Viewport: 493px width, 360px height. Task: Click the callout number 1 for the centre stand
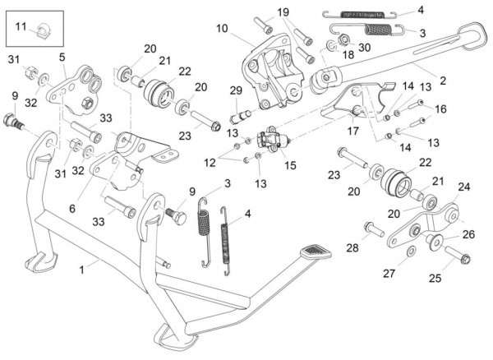pyautogui.click(x=81, y=269)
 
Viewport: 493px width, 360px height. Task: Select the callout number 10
pyautogui.click(x=221, y=29)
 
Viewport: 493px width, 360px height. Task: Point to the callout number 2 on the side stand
pyautogui.click(x=443, y=81)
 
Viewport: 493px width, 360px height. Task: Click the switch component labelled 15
pyautogui.click(x=272, y=141)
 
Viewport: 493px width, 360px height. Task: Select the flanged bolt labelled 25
pyautogui.click(x=461, y=261)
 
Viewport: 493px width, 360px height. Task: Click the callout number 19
pyautogui.click(x=283, y=12)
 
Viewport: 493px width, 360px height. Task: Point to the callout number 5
pyautogui.click(x=62, y=57)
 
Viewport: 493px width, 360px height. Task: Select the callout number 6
pyautogui.click(x=72, y=209)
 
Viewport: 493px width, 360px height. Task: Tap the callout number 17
pyautogui.click(x=353, y=131)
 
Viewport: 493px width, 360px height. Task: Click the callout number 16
pyautogui.click(x=441, y=108)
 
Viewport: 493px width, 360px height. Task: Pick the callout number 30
pyautogui.click(x=364, y=47)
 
